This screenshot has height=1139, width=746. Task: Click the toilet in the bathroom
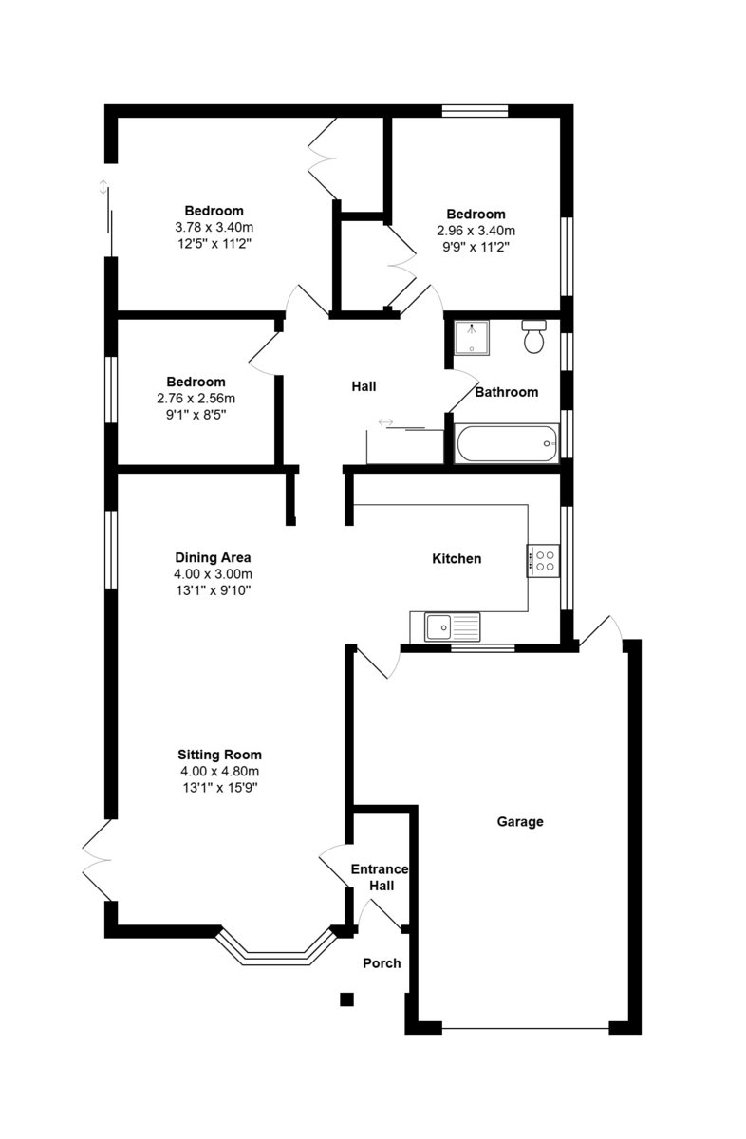(534, 336)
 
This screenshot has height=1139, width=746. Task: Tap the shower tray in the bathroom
(472, 338)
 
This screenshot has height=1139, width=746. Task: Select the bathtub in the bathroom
(507, 443)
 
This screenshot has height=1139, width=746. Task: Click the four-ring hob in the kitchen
(543, 560)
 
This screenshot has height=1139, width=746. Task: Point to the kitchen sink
(452, 626)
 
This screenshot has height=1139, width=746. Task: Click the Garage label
(520, 821)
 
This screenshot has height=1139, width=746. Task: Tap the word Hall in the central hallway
(364, 386)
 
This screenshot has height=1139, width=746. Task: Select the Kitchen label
(457, 558)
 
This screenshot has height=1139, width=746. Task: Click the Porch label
(382, 963)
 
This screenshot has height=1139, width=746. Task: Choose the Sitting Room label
(219, 755)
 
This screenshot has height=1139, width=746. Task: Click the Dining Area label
(213, 557)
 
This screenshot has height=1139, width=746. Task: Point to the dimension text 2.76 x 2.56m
(196, 398)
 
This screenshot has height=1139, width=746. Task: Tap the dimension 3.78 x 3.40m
(214, 227)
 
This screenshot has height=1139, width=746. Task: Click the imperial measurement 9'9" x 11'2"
(476, 247)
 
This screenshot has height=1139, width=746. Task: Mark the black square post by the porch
(346, 999)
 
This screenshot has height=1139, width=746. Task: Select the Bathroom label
(507, 392)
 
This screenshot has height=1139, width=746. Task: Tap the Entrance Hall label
(381, 877)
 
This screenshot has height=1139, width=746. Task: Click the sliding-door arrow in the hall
(385, 422)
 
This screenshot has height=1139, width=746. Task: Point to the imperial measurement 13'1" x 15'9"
(220, 788)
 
